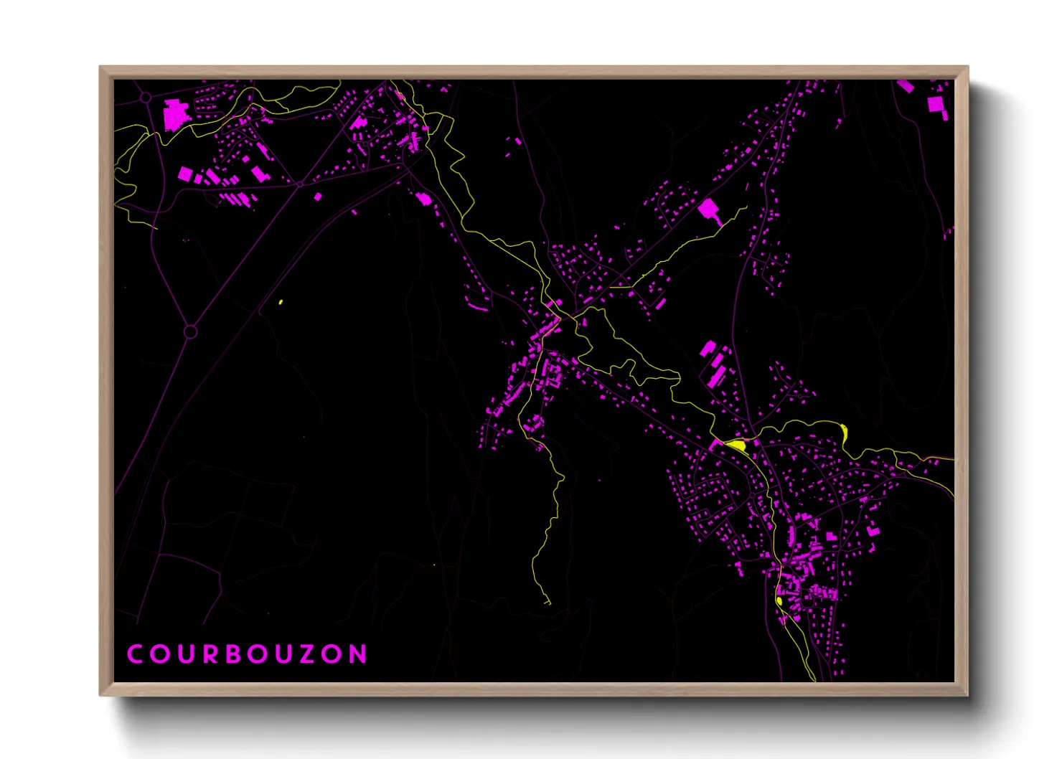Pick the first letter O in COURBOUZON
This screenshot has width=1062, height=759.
(159, 654)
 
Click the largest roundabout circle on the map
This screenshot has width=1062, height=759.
(190, 332)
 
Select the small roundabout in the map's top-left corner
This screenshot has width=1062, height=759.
(146, 97)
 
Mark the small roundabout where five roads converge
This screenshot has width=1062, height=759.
(300, 184)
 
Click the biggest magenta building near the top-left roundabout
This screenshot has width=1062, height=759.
(174, 115)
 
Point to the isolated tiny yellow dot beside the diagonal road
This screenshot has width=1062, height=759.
(281, 302)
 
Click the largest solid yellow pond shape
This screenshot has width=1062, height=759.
(737, 445)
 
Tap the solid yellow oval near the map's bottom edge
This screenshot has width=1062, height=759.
(779, 600)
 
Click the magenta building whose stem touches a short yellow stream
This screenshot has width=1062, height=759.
(710, 210)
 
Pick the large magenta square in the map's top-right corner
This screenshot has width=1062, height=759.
(936, 105)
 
